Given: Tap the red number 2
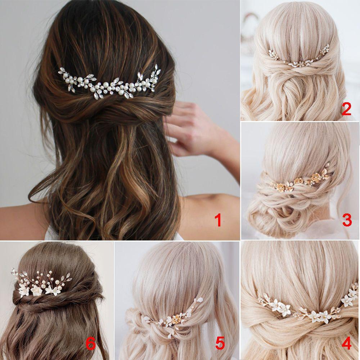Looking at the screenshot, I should click(346, 108).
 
